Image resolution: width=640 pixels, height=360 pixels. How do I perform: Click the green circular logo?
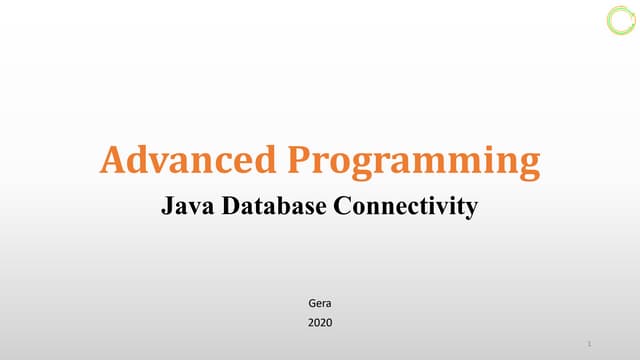620,20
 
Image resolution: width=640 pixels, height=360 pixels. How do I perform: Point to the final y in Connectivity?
472,210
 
